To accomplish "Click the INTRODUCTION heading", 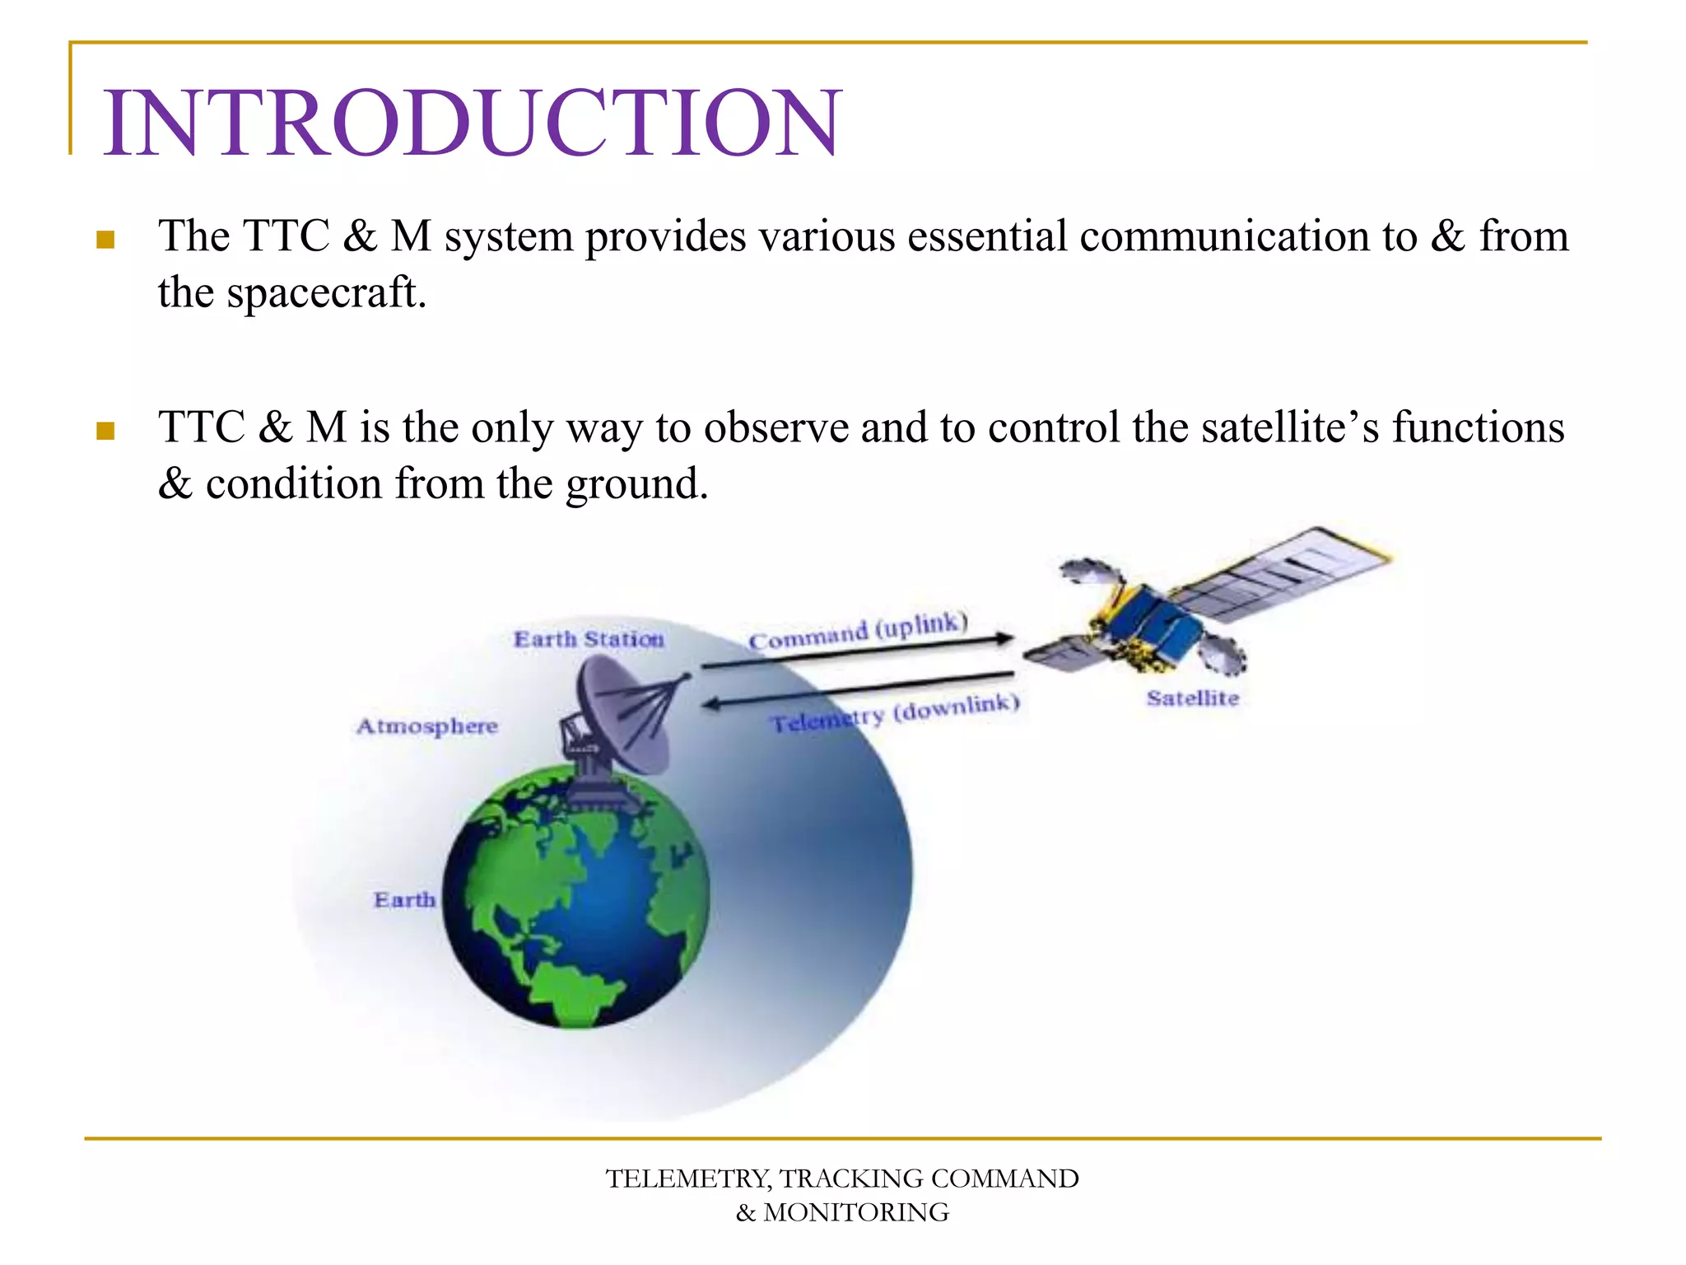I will click(472, 124).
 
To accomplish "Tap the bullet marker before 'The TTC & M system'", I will click(105, 240).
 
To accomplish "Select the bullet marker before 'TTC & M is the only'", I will click(105, 431).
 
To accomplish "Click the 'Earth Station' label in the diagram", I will click(589, 639).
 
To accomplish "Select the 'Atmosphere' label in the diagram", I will click(427, 726).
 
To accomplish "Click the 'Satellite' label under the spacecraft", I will click(1192, 698).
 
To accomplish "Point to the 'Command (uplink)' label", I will click(857, 630).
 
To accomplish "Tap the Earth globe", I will click(576, 898).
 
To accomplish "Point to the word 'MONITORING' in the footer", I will click(856, 1213).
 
